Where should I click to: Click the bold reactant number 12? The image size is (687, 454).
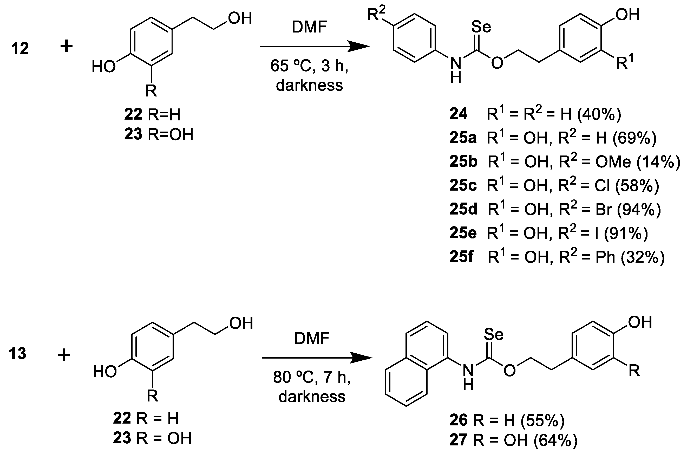20,48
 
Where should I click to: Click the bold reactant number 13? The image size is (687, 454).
17,354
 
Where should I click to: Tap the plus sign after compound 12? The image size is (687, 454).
66,46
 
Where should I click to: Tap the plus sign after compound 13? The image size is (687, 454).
64,355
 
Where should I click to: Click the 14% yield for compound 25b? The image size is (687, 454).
659,162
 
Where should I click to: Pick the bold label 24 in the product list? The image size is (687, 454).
458,114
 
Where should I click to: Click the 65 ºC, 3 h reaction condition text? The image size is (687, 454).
309,66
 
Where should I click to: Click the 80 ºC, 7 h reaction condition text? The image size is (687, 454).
312,377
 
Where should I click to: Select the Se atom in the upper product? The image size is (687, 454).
481,27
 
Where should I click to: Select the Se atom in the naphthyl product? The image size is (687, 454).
493,335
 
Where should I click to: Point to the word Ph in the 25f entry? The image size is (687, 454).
605,257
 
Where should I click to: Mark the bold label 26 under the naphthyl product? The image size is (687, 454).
458,420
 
